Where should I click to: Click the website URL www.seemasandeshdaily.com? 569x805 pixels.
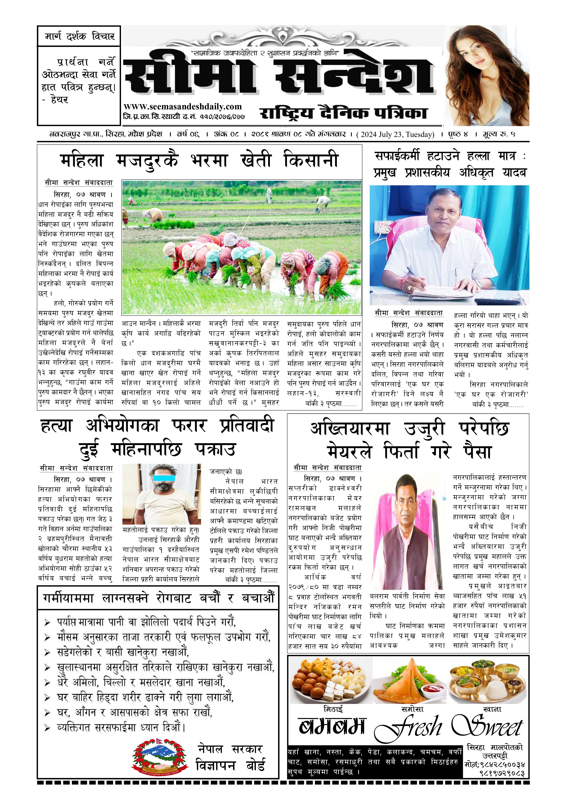click(183, 107)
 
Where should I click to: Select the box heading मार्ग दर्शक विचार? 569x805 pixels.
click(79, 36)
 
